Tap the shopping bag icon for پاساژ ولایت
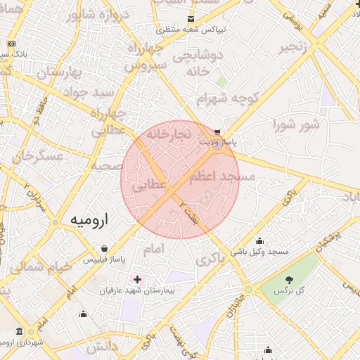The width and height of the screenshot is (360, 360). coord(217,131)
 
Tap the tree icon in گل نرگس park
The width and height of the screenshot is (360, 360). coord(290,280)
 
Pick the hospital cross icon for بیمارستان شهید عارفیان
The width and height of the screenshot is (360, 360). coord(136,279)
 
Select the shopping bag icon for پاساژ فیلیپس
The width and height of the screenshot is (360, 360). coord(105,249)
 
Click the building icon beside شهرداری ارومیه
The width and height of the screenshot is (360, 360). coord(19,331)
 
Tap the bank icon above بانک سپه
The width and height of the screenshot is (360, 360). coord(11,44)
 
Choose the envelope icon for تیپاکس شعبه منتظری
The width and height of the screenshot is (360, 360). coord(191,19)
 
